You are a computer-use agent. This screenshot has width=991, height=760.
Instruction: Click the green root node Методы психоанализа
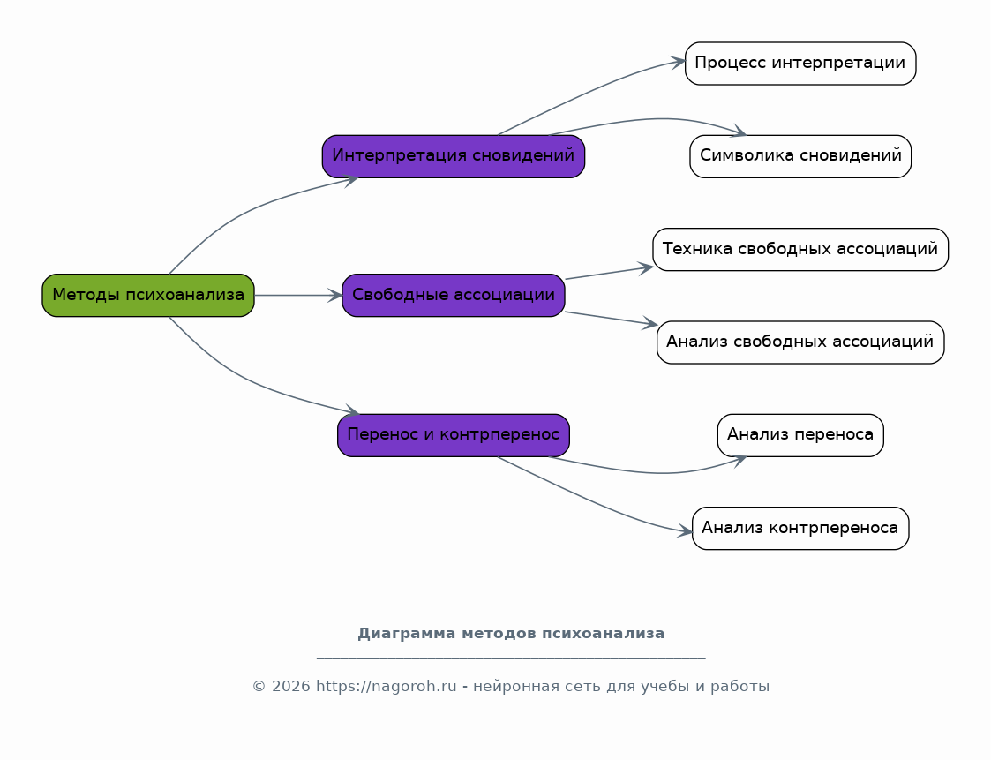pyautogui.click(x=148, y=296)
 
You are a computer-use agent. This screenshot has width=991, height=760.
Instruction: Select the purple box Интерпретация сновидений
pyautogui.click(x=454, y=156)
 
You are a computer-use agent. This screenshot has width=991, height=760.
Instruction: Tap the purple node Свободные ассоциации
pyautogui.click(x=454, y=296)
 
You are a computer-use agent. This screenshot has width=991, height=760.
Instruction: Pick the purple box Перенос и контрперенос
pyautogui.click(x=454, y=435)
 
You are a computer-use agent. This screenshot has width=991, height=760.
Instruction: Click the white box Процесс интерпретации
pyautogui.click(x=800, y=64)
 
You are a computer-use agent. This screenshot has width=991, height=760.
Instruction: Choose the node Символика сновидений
pyautogui.click(x=800, y=156)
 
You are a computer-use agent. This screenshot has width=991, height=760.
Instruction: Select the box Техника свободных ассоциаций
pyautogui.click(x=800, y=249)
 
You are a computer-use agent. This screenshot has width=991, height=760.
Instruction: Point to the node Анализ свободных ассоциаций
pyautogui.click(x=800, y=342)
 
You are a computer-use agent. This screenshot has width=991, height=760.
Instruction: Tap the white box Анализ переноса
pyautogui.click(x=800, y=435)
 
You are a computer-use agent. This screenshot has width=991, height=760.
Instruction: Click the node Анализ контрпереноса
pyautogui.click(x=800, y=528)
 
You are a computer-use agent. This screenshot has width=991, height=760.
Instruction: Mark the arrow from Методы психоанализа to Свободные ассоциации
pyautogui.click(x=298, y=296)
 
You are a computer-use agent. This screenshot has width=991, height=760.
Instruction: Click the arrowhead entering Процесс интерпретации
pyautogui.click(x=678, y=62)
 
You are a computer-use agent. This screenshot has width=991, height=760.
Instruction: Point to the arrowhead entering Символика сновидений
pyautogui.click(x=739, y=132)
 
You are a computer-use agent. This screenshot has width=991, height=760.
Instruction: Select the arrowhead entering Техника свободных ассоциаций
pyautogui.click(x=645, y=268)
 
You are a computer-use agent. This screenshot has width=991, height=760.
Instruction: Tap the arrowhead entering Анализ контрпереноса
pyautogui.click(x=685, y=531)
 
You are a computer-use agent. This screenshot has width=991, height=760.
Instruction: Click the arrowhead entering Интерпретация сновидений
pyautogui.click(x=350, y=181)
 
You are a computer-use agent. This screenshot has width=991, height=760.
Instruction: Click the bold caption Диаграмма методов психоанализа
pyautogui.click(x=511, y=634)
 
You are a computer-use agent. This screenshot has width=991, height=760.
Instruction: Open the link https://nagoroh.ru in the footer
pyautogui.click(x=386, y=686)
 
